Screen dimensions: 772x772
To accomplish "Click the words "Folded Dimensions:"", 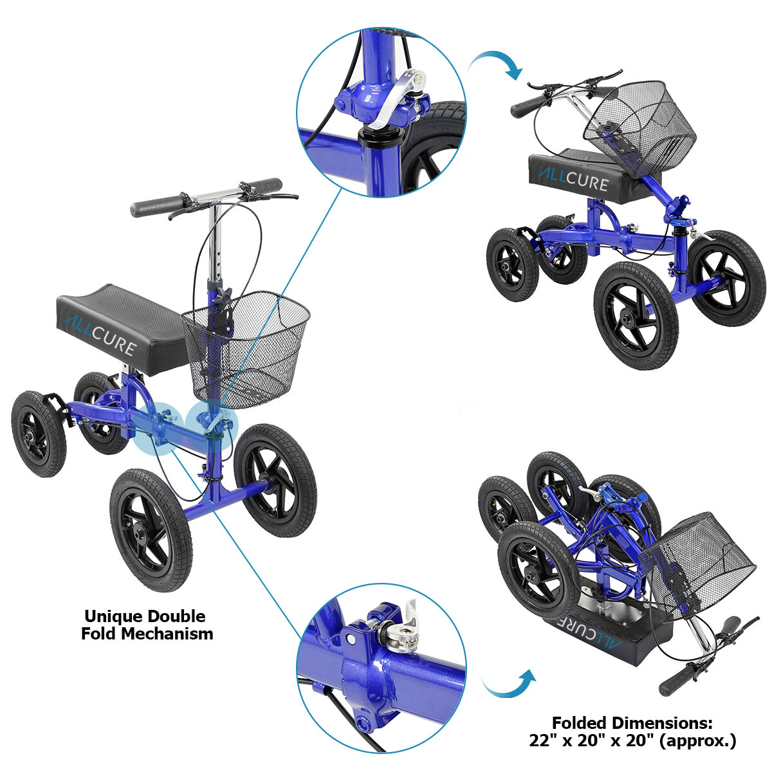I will pyautogui.click(x=632, y=722).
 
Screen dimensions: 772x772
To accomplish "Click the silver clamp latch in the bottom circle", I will pyautogui.click(x=400, y=634).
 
